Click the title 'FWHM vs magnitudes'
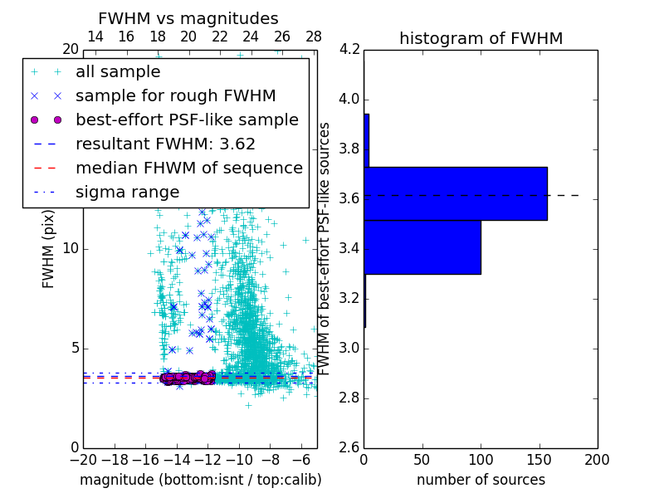188,18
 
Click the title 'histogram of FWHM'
481,38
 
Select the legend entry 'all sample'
118,72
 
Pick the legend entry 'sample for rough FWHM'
175,96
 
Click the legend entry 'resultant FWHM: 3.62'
165,144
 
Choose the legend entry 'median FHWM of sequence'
188,168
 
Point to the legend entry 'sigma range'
127,193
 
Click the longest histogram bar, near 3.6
455,193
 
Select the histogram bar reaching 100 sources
422,247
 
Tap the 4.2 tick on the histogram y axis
350,50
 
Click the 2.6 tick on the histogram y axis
350,447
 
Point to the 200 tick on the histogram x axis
597,459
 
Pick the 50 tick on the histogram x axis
422,459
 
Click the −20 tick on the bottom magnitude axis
83,459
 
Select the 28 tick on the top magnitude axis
314,37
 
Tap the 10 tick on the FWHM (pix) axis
71,249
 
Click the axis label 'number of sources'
481,480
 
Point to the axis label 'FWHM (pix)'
48,249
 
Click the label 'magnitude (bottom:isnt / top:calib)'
200,480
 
